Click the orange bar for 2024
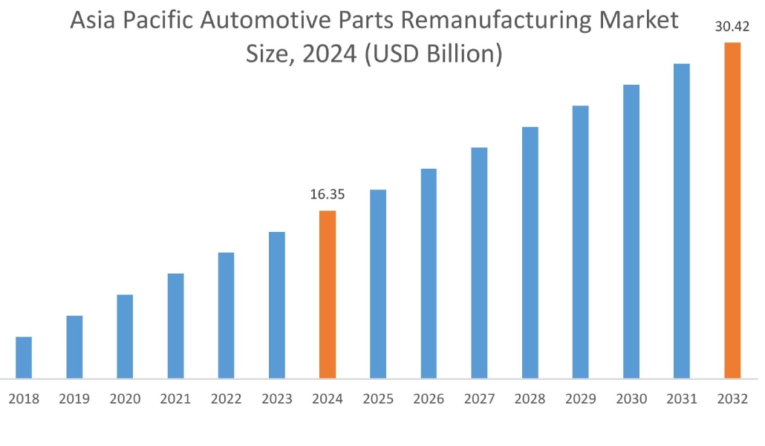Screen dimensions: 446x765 (x=328, y=294)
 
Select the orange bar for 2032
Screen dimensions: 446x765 (x=732, y=210)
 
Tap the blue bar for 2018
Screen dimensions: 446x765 (x=24, y=358)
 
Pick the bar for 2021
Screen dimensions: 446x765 (x=175, y=326)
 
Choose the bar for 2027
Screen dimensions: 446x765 (x=479, y=263)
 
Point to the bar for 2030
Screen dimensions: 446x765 (x=631, y=231)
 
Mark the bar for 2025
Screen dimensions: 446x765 (x=378, y=284)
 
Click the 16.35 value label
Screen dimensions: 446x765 (x=328, y=195)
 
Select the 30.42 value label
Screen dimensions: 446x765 (x=732, y=28)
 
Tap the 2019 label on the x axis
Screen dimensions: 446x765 (x=74, y=399)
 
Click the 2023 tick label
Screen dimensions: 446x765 (x=276, y=399)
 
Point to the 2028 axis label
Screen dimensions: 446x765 (x=530, y=399)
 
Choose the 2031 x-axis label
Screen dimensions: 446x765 (x=682, y=399)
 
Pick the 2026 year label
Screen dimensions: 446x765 (x=429, y=399)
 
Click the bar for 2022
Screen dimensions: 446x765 (x=226, y=315)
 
